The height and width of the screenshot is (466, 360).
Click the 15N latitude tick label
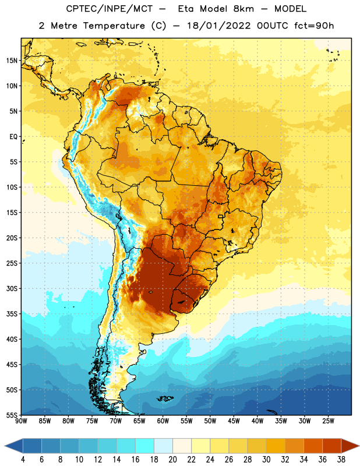coord(12,61)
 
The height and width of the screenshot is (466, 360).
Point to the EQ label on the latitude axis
coord(13,137)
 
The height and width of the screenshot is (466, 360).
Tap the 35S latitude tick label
coord(12,314)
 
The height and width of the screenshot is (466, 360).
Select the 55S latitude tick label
coord(12,415)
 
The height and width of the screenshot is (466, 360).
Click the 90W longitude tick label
coord(21,421)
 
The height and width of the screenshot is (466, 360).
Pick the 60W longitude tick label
coord(163,421)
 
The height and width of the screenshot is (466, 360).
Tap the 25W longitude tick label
coord(328,421)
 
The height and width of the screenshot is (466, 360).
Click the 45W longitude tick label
coord(234,421)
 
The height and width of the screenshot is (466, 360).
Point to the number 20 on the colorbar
coord(172,460)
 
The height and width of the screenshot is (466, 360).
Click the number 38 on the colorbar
coord(341,460)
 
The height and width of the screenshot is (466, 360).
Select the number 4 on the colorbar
coord(23,460)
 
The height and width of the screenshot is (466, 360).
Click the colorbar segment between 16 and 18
coord(144,446)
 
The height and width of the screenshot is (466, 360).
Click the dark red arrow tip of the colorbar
coord(356,446)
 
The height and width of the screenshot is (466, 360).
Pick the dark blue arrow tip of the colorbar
coord(8,446)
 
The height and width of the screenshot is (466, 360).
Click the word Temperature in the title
coord(114,26)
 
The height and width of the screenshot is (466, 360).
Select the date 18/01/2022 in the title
coord(219,26)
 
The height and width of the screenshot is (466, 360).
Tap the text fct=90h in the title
coord(314,26)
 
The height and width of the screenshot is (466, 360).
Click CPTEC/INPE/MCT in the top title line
coord(110,9)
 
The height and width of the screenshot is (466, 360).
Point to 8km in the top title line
coord(243,9)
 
